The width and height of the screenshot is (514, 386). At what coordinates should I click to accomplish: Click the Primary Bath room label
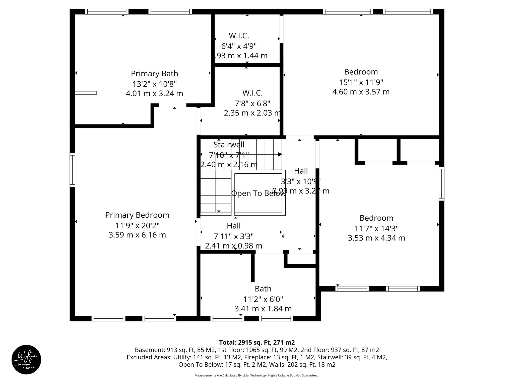click(x=154, y=74)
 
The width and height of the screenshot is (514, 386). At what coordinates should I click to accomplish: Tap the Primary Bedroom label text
click(x=137, y=215)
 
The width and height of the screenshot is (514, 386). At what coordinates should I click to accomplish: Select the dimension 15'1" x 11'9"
click(x=361, y=82)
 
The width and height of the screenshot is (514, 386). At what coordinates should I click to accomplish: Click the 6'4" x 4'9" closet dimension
click(x=239, y=46)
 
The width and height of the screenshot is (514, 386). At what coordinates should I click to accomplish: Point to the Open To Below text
click(x=258, y=193)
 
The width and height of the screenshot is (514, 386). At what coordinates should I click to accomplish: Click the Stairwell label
click(x=229, y=144)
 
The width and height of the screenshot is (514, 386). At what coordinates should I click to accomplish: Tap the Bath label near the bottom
click(x=263, y=289)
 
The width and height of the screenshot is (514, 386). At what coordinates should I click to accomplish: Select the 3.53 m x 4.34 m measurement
click(x=376, y=238)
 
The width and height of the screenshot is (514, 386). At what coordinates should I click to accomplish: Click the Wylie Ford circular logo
click(x=26, y=360)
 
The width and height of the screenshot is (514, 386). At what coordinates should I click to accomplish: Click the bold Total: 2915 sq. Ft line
click(x=257, y=343)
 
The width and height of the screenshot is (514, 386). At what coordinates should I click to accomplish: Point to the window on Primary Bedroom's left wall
click(x=72, y=170)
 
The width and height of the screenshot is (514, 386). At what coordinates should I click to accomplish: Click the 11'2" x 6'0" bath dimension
click(x=263, y=299)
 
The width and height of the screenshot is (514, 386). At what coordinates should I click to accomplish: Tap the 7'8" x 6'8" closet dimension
click(x=252, y=103)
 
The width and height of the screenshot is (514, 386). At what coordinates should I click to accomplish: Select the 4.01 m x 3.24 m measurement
click(x=154, y=94)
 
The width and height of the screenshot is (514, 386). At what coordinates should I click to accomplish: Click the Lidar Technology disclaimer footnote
click(x=257, y=375)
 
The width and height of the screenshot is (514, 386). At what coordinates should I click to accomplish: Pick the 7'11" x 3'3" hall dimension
click(x=233, y=236)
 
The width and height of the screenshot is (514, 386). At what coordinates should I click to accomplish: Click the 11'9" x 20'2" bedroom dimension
click(x=137, y=225)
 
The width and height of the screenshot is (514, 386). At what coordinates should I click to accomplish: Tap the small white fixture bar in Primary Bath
click(x=86, y=93)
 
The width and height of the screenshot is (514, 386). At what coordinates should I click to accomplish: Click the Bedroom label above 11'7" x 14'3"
click(x=376, y=218)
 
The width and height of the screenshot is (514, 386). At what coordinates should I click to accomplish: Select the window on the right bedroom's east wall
click(x=441, y=183)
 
